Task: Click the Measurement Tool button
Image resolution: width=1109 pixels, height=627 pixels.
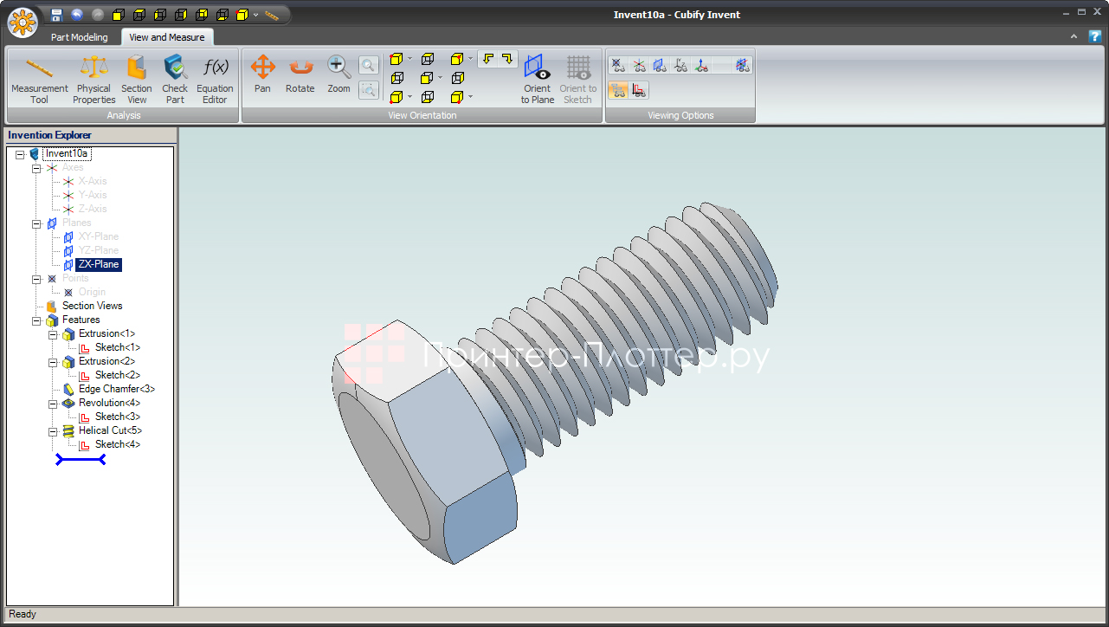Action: pos(39,80)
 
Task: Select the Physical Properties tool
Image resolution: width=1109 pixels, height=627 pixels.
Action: pos(93,80)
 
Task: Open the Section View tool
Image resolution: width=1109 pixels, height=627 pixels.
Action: pos(136,80)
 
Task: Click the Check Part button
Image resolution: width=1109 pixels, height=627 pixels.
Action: pos(175,80)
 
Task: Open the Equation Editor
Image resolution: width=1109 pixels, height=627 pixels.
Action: pos(215,80)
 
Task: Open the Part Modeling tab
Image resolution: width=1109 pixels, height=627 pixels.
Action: pos(80,37)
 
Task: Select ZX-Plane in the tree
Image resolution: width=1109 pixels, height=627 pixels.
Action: pos(98,264)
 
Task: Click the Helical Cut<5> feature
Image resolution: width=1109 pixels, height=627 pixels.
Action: pos(110,430)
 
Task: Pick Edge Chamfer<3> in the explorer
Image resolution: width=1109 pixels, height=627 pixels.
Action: pos(116,389)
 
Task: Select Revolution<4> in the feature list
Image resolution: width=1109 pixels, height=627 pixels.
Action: pos(109,403)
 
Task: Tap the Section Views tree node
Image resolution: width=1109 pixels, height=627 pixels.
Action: pos(92,306)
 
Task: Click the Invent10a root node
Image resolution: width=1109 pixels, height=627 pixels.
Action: pos(67,153)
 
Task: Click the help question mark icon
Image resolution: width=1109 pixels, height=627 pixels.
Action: pos(1094,36)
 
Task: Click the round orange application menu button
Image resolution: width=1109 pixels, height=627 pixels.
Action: pos(22,22)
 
